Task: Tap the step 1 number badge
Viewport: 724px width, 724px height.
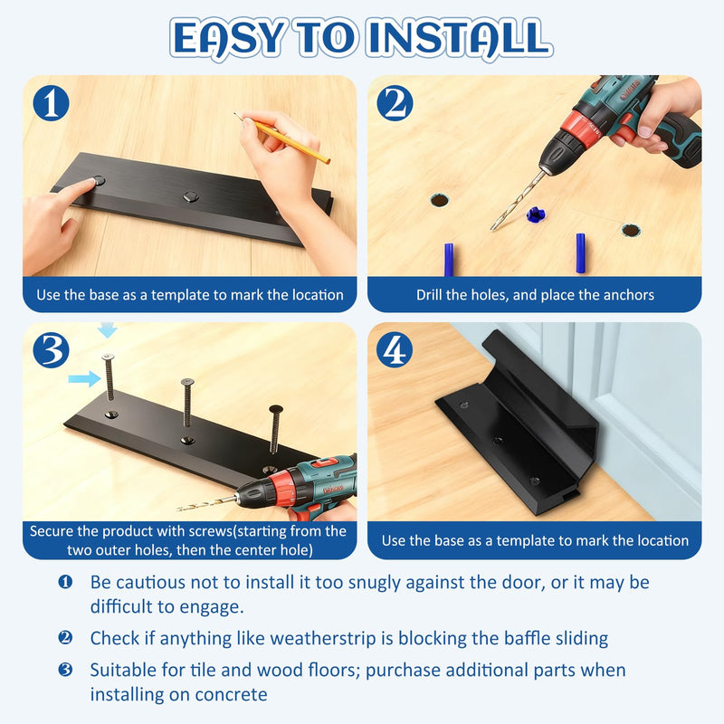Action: click(x=52, y=103)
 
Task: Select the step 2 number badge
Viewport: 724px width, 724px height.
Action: click(x=395, y=103)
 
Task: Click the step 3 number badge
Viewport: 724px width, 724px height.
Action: click(x=52, y=350)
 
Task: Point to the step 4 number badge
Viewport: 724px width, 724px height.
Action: click(x=395, y=350)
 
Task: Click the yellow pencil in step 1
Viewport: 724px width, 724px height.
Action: click(x=282, y=138)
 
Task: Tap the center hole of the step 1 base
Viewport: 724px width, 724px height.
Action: click(x=190, y=197)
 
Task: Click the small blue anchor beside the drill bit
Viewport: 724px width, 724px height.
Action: click(x=536, y=214)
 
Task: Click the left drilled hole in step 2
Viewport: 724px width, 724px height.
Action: click(x=439, y=200)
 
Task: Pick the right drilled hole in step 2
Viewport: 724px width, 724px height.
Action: click(x=630, y=230)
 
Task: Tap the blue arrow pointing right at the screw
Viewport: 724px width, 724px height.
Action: click(x=84, y=379)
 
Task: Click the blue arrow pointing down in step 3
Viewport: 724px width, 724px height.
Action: click(x=107, y=329)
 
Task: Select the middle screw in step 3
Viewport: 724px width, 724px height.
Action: click(x=187, y=402)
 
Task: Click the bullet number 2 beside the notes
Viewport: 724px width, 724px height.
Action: click(x=65, y=638)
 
